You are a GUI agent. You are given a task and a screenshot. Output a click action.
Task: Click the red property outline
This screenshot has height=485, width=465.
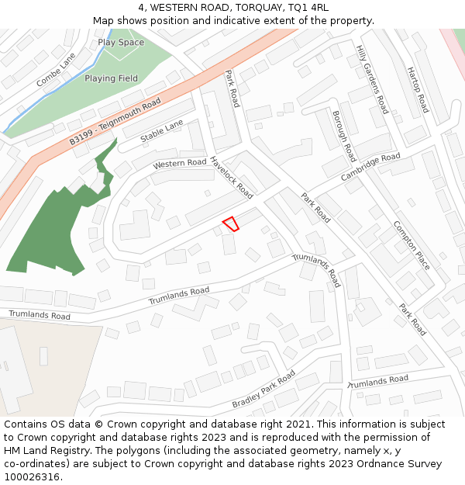tap(231, 223)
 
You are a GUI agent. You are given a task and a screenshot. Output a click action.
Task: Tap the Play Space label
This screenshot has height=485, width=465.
tap(121, 42)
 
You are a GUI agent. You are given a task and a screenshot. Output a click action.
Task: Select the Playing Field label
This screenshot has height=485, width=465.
tap(112, 78)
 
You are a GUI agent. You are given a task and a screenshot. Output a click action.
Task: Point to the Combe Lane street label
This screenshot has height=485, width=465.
tap(56, 70)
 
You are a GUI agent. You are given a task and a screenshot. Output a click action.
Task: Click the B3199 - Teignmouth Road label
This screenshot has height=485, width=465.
tap(115, 121)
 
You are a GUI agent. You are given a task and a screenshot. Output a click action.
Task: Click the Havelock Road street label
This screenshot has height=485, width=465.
tap(231, 177)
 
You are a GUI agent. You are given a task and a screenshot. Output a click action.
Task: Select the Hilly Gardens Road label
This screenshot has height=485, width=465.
tap(372, 78)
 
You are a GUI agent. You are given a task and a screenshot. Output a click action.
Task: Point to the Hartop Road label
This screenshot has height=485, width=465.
tap(417, 89)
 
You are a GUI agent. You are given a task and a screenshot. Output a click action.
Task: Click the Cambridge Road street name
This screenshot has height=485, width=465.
tap(370, 168)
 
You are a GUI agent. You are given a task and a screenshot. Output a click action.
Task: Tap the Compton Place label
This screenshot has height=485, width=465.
tap(412, 245)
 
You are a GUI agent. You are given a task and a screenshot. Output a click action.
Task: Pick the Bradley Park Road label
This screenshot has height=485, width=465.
tap(263, 390)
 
